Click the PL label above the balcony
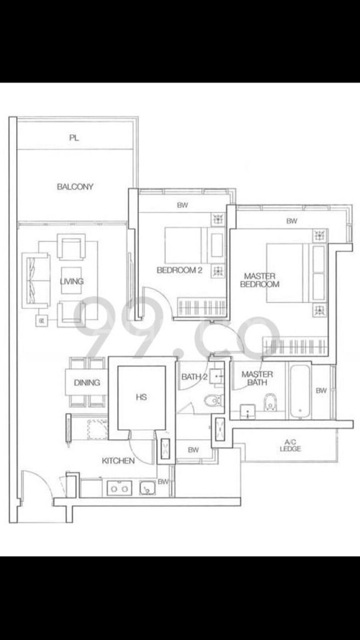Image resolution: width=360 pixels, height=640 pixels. point(74,138)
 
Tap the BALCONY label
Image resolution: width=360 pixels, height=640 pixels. point(75,187)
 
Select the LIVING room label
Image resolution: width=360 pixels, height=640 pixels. point(72,282)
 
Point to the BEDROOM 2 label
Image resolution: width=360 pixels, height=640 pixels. point(180,270)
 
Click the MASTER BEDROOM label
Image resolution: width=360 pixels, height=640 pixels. point(260,280)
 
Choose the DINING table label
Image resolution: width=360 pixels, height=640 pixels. point(87,382)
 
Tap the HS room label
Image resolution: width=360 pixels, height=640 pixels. point(142,397)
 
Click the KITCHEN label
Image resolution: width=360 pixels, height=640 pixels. point(118,460)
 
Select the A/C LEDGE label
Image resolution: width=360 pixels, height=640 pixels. point(290,446)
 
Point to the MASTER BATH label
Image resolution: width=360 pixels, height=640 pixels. point(257,378)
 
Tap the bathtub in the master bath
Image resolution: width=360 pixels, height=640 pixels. point(300,392)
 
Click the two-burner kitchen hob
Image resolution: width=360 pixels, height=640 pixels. point(120,488)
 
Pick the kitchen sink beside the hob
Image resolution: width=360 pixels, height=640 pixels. point(148,488)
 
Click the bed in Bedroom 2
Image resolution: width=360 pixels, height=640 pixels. point(194,245)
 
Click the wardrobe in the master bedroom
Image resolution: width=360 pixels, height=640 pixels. point(295,346)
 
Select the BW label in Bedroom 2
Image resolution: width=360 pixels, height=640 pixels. point(182,205)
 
